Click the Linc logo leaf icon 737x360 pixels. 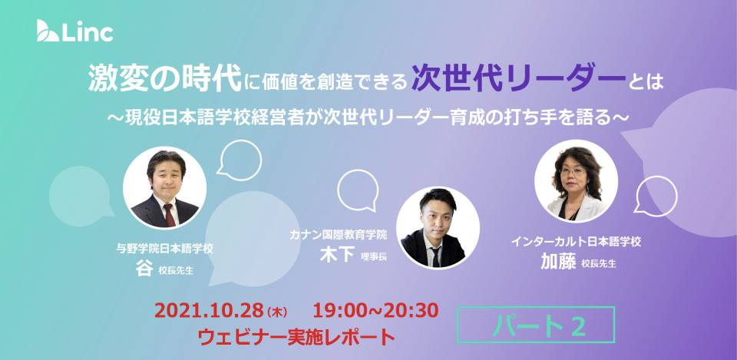pyautogui.click(x=48, y=31)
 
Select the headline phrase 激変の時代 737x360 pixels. pyautogui.click(x=165, y=80)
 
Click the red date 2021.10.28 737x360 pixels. pyautogui.click(x=209, y=310)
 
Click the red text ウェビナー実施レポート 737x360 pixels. pyautogui.click(x=296, y=337)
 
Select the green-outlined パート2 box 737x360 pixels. pyautogui.click(x=536, y=324)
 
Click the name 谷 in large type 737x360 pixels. pyautogui.click(x=144, y=268)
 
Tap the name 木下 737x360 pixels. pyautogui.click(x=337, y=254)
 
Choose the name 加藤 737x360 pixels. pyautogui.click(x=558, y=261)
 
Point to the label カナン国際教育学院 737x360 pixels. pyautogui.click(x=339, y=235)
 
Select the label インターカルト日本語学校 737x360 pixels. pyautogui.click(x=577, y=242)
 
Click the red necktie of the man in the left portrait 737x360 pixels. pyautogui.click(x=169, y=215)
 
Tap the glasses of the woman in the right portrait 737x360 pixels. pyautogui.click(x=573, y=172)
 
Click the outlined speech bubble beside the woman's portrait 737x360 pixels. pyautogui.click(x=656, y=196)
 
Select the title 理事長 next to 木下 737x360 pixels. pyautogui.click(x=374, y=256)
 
